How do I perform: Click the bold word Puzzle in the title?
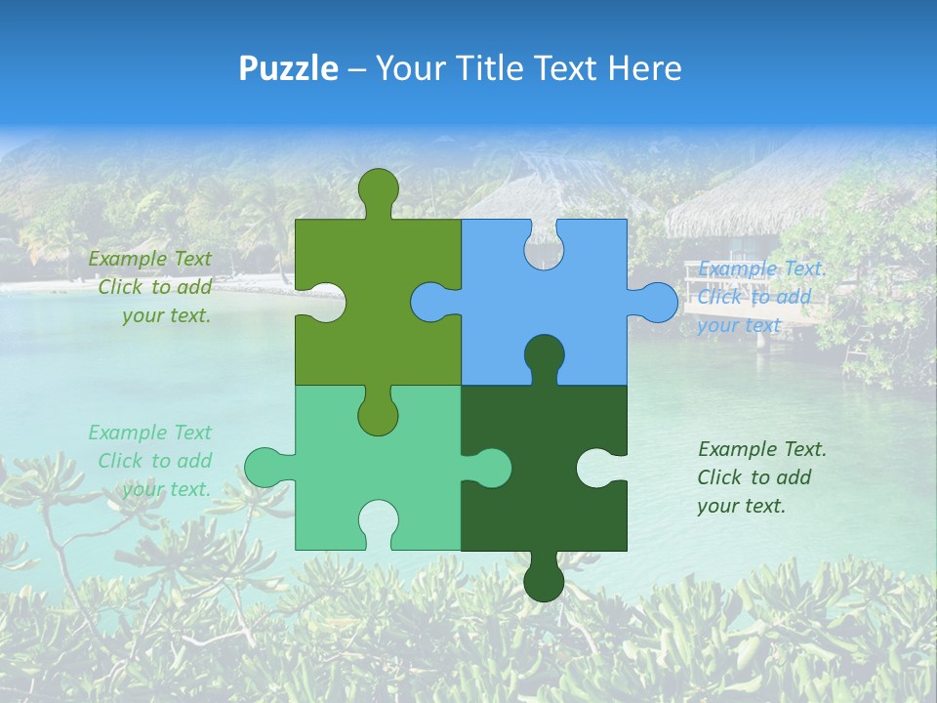tap(289, 68)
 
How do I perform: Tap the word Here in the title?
tap(643, 68)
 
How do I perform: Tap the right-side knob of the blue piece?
tap(655, 302)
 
